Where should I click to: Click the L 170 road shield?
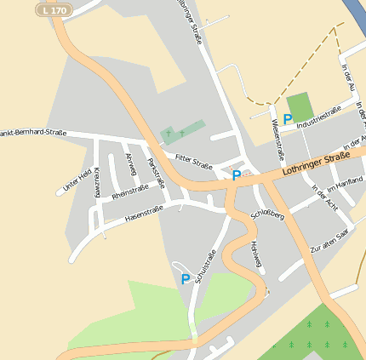pos(54,9)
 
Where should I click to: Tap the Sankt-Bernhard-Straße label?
pos(32,133)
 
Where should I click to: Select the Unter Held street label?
pos(77,180)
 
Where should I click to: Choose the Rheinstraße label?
pos(129,191)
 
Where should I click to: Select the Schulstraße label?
pos(205,266)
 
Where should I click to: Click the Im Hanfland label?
pos(345,181)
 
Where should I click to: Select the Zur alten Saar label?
pos(329,240)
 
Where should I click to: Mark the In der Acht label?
pos(324,197)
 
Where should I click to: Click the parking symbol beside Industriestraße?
pos(288,120)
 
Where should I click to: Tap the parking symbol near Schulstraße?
pos(185,279)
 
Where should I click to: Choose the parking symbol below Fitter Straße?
pos(236,175)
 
